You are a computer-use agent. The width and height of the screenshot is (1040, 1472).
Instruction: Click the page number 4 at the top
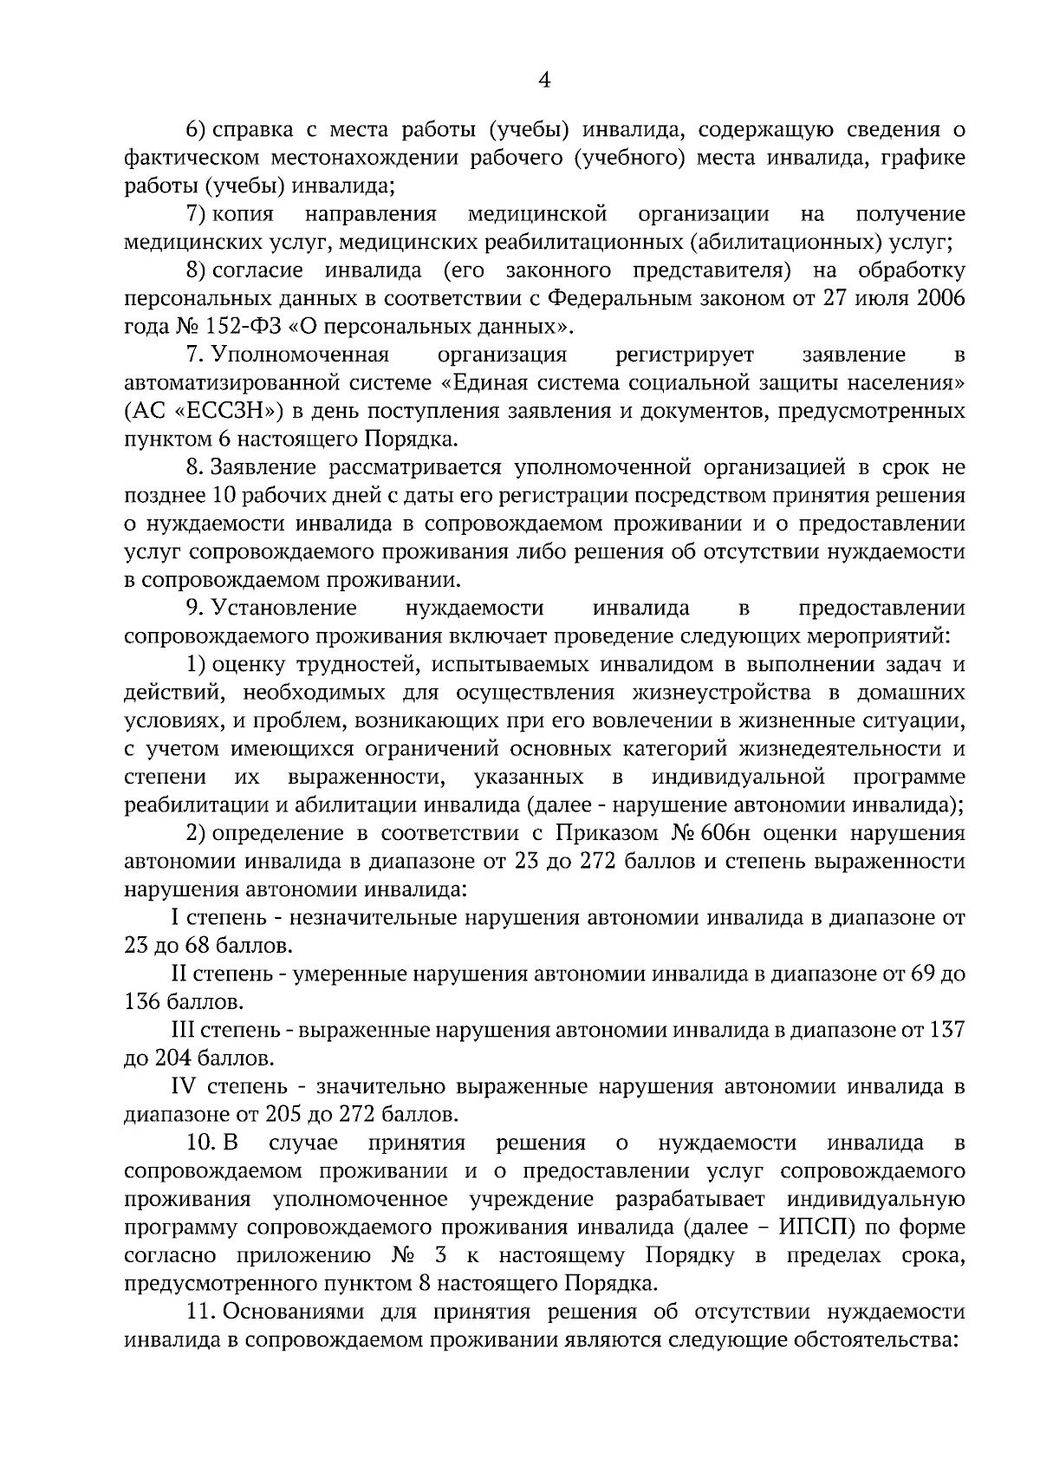pyautogui.click(x=544, y=81)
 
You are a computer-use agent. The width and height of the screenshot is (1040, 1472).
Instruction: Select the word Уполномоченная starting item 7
pyautogui.click(x=300, y=355)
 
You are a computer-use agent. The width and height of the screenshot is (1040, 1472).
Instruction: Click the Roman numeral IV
pyautogui.click(x=186, y=1086)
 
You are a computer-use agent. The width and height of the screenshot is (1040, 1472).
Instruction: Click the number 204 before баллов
pyautogui.click(x=173, y=1058)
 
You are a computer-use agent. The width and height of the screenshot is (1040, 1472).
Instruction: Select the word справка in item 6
pyautogui.click(x=253, y=130)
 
